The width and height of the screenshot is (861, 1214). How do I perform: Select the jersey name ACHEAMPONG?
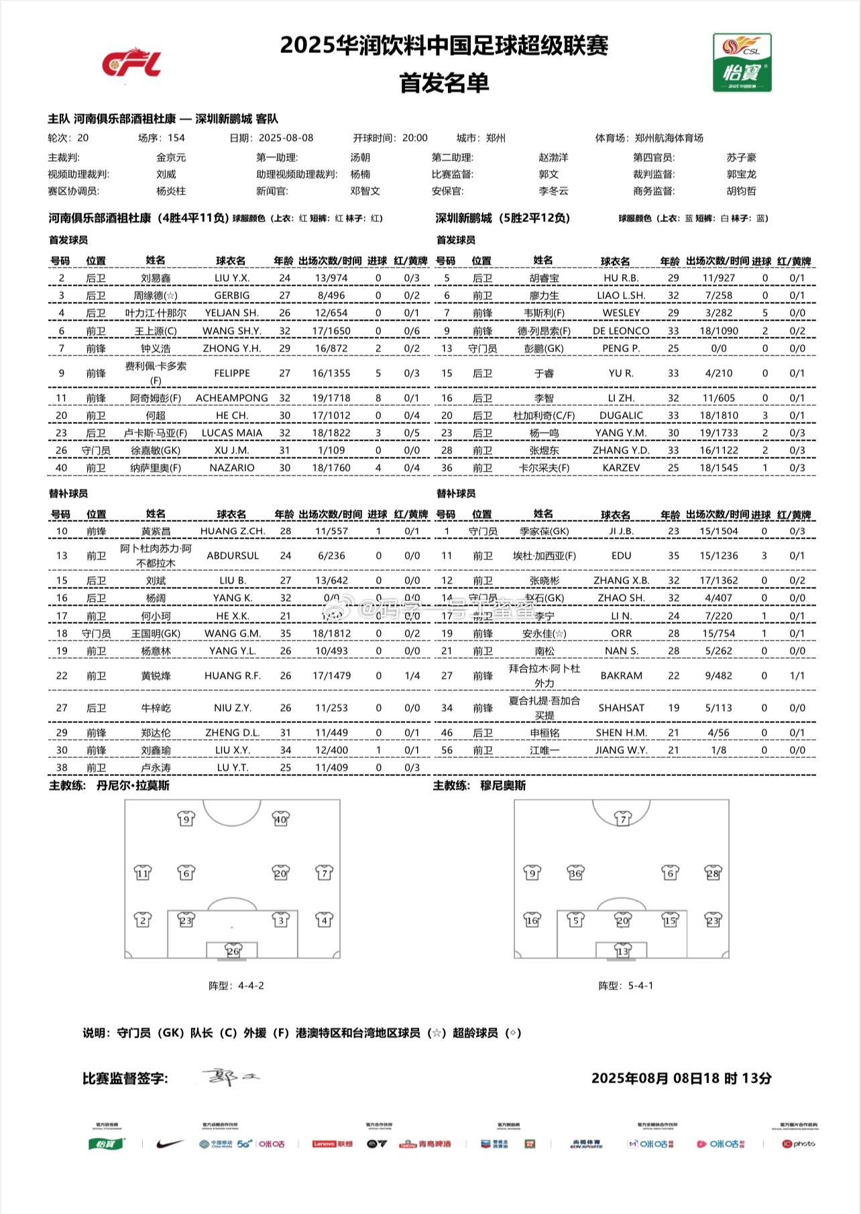231,398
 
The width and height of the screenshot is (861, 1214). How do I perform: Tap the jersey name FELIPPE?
231,373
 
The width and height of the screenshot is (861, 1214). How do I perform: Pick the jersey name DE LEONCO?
621,331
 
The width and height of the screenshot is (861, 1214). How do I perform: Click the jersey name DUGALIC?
621,415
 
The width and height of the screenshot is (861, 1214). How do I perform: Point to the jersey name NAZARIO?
231,467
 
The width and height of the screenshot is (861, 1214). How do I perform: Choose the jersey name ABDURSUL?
231,555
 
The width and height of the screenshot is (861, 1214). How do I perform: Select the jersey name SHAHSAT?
621,708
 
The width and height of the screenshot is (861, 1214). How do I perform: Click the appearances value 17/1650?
331,331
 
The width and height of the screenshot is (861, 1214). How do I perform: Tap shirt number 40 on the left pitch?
280,819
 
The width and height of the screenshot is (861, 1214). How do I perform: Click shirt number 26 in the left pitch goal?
233,951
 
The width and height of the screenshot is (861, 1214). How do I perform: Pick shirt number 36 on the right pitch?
575,873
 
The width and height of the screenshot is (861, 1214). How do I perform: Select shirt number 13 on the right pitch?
622,951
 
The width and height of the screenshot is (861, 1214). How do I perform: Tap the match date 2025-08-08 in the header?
286,138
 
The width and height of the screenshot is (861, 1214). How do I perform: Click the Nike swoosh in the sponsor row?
170,1144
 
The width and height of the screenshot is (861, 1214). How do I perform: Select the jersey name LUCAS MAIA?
231,433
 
